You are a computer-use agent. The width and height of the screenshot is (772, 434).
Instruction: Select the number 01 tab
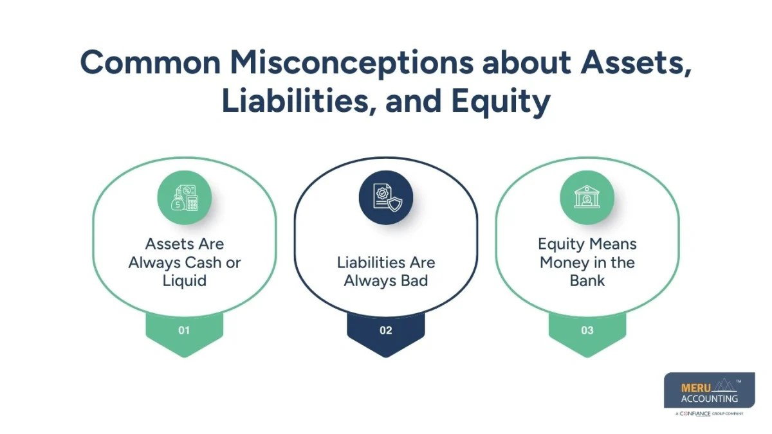[x=184, y=330]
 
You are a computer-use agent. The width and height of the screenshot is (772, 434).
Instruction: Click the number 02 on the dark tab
[x=385, y=330]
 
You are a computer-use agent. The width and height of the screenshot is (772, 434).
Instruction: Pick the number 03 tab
[x=587, y=330]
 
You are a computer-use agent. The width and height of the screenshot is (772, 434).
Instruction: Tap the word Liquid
[x=184, y=281]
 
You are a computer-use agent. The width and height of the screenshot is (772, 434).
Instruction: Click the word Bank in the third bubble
[x=587, y=281]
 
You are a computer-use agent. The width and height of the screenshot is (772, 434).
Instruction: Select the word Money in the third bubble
[x=561, y=263]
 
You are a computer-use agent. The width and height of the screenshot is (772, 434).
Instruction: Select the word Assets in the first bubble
[x=167, y=245]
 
